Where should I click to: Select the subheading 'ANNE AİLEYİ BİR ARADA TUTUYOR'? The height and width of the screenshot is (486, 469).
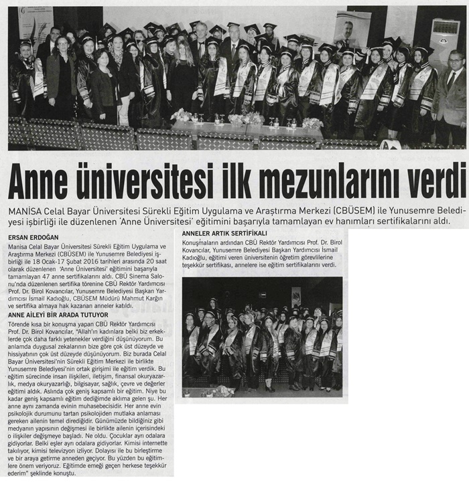pyautogui.click(x=58, y=315)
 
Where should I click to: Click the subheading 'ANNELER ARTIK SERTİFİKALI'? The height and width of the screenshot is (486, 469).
pyautogui.click(x=224, y=233)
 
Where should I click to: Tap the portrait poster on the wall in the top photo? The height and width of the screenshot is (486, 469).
pyautogui.click(x=352, y=28)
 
